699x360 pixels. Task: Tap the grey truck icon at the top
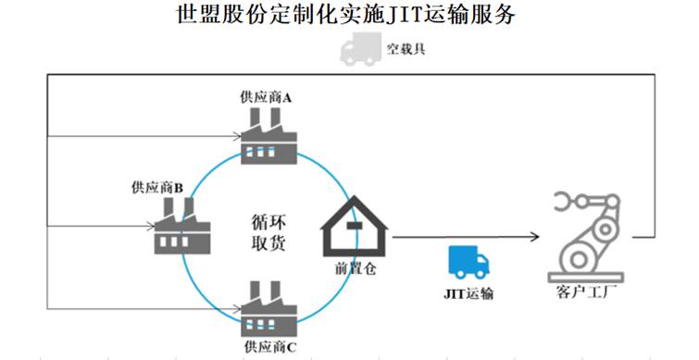(x=360, y=48)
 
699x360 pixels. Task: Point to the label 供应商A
(x=266, y=97)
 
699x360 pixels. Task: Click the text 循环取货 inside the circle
(x=268, y=234)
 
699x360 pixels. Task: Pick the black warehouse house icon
(x=356, y=227)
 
